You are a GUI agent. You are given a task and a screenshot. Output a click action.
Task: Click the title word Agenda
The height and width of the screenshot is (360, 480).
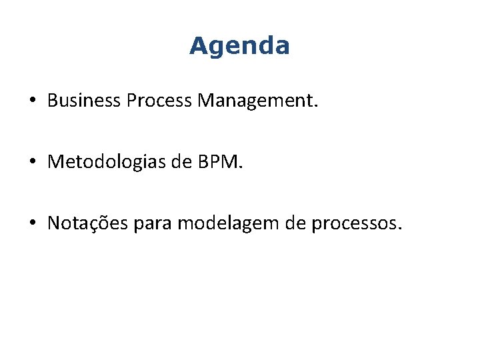point(239,46)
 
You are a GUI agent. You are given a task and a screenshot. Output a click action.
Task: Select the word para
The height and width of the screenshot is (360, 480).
point(155,224)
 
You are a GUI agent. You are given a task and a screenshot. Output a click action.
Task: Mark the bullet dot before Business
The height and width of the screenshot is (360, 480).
point(32,101)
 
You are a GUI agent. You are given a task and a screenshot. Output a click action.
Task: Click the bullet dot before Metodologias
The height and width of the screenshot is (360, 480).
point(32,163)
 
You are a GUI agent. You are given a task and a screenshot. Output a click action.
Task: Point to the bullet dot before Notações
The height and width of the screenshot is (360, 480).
point(32,224)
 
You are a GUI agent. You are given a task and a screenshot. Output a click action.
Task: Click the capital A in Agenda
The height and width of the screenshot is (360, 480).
point(198,46)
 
